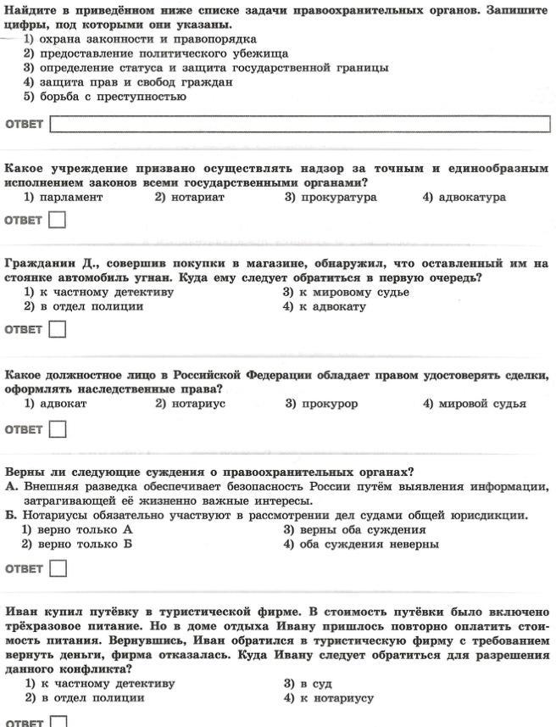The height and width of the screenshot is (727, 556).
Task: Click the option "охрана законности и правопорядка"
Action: pos(140,39)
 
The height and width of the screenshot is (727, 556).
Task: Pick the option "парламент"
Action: pos(64,197)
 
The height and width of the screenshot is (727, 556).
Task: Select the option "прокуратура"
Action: pos(331,197)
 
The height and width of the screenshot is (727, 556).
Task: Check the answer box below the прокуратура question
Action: pos(58,221)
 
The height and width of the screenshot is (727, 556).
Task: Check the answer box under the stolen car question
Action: pos(58,330)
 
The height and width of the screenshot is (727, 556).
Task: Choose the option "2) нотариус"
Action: pos(190,404)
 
